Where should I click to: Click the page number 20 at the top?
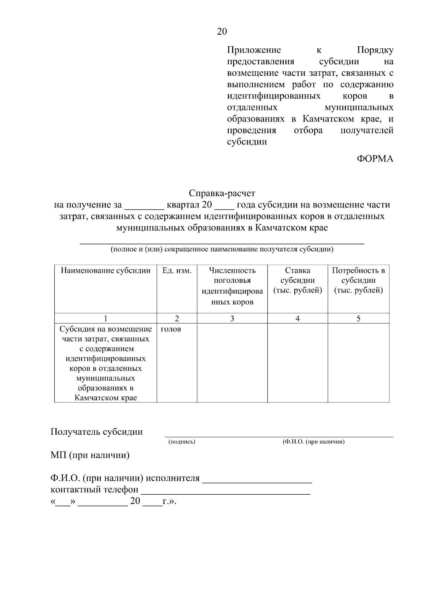[222, 32]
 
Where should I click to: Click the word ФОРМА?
[375, 159]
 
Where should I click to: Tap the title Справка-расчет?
[222, 193]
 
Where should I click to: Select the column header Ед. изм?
[177, 271]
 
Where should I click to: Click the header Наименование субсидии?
[106, 271]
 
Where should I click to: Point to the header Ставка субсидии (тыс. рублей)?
[298, 280]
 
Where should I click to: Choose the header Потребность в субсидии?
[358, 280]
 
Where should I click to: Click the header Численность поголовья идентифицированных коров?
[232, 286]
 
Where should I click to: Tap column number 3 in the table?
[232, 319]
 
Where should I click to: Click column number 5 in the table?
[358, 319]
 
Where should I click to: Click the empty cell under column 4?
[298, 363]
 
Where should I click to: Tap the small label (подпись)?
[182, 442]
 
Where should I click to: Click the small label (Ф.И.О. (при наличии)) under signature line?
[313, 442]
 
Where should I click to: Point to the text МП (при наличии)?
[90, 455]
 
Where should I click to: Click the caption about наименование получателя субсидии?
[222, 249]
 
